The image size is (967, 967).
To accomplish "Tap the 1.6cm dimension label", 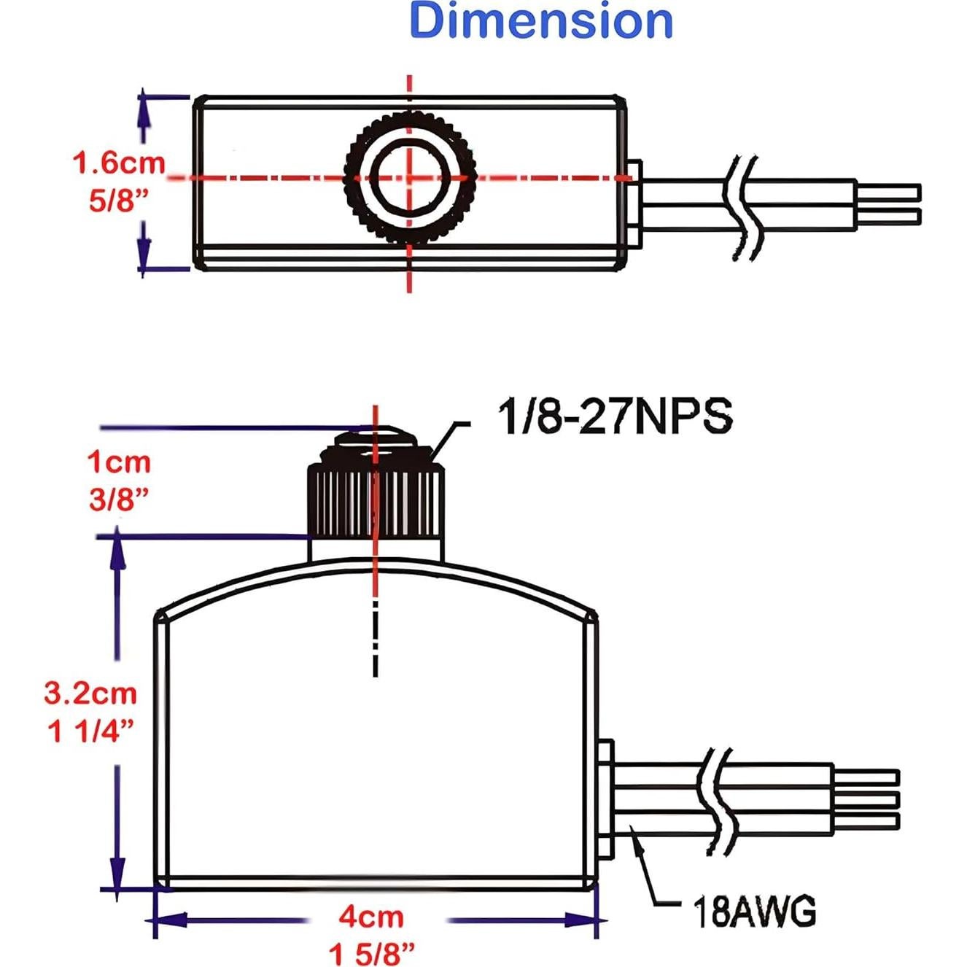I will (119, 163).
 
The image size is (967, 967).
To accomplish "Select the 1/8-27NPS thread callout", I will (615, 417).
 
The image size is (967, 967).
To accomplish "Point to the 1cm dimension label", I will (119, 462).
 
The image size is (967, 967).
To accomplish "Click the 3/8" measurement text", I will (118, 500).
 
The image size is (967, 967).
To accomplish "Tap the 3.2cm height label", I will (90, 693).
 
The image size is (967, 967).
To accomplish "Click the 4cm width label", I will (370, 917).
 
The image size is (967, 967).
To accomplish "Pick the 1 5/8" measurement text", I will (371, 953).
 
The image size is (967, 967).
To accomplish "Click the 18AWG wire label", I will (754, 912).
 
